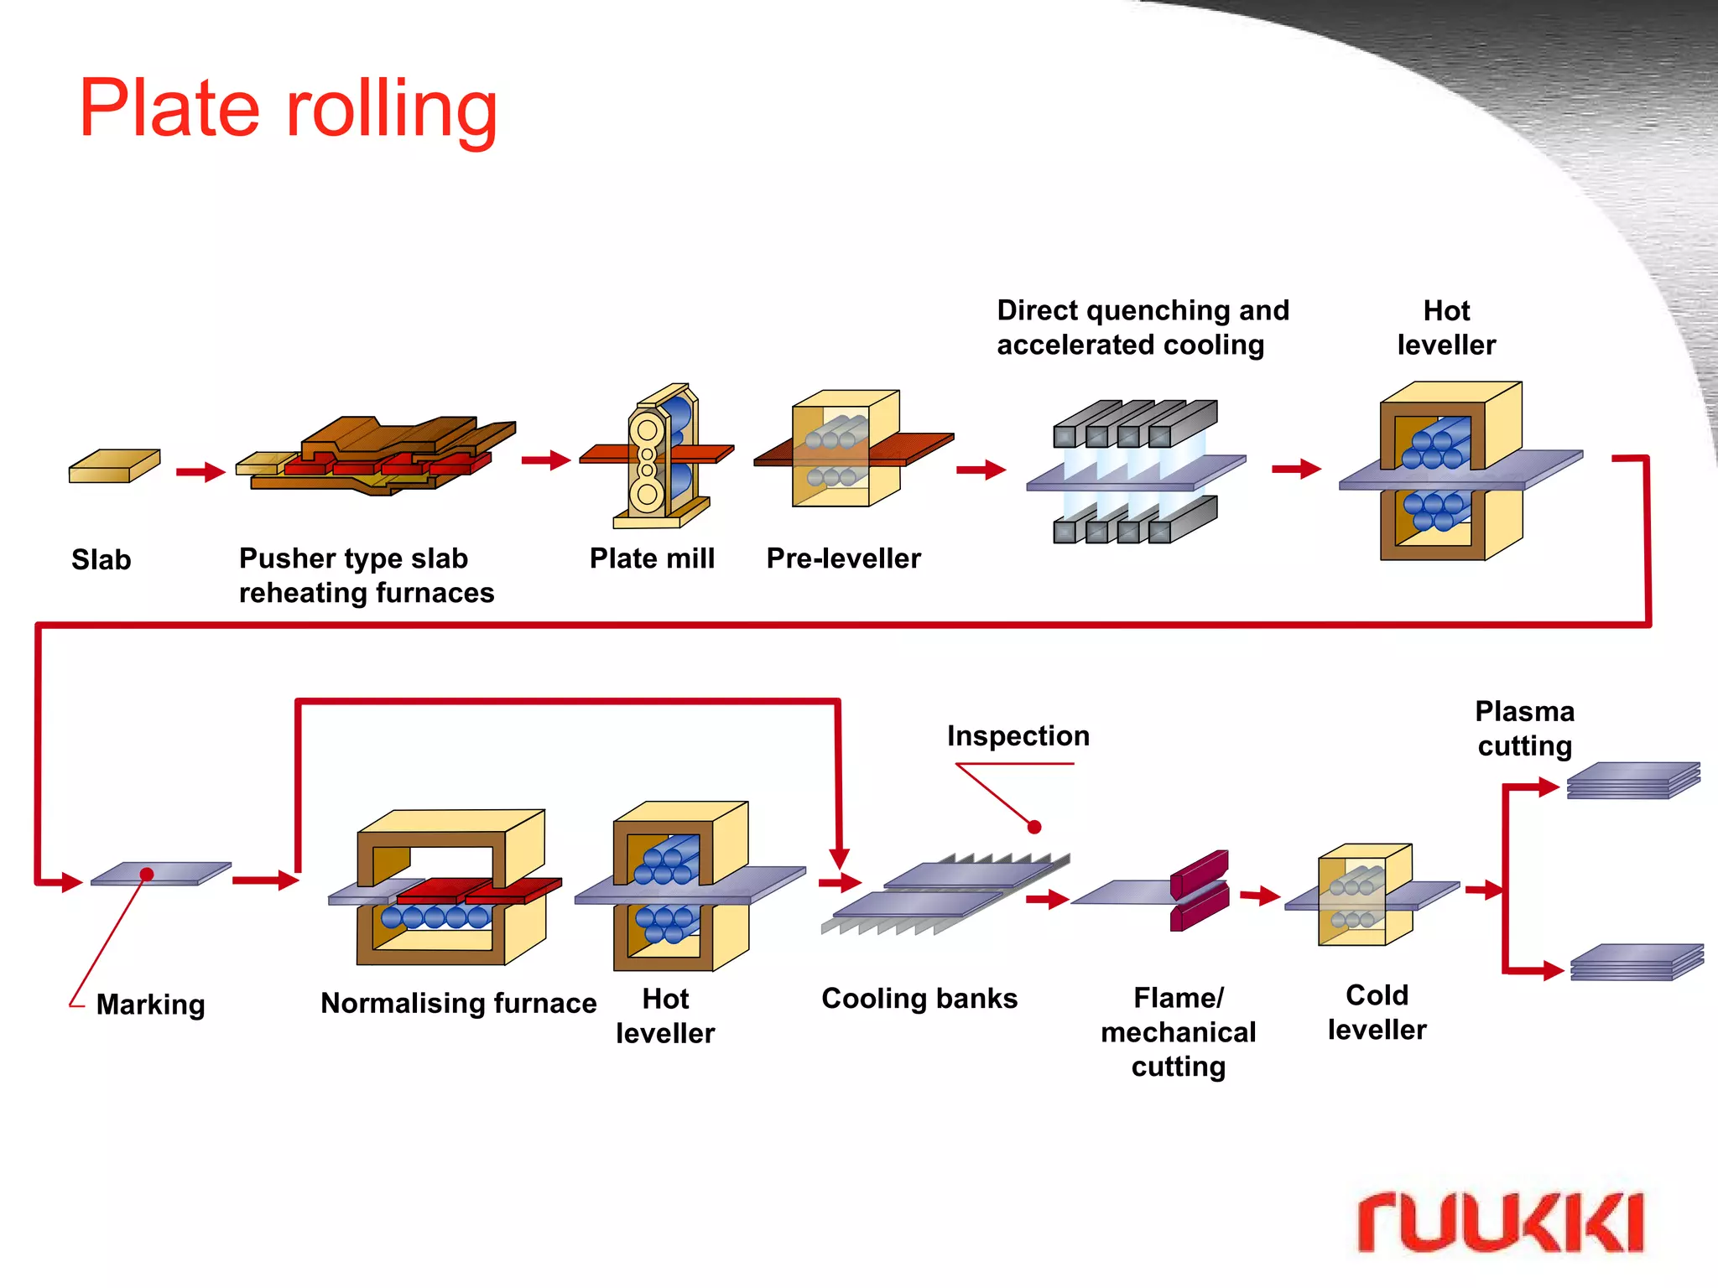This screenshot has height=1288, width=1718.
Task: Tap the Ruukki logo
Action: (1499, 1222)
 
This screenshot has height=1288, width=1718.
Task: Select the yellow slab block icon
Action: (114, 466)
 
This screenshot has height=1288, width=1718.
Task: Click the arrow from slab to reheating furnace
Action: (200, 472)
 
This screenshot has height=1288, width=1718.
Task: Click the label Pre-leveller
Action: (843, 558)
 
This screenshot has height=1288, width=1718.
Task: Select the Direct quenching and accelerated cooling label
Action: (1143, 328)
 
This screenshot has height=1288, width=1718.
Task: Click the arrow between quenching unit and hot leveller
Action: (1296, 469)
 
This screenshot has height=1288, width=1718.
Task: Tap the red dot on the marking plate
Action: (147, 875)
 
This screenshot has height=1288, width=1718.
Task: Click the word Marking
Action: (150, 1005)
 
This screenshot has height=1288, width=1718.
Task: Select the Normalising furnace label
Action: (458, 1003)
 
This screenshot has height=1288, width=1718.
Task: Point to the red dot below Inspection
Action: (1034, 827)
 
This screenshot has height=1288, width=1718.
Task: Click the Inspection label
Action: (1018, 736)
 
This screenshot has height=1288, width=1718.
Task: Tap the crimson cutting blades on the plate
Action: (1199, 890)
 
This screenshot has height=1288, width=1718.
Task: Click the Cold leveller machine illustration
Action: (1365, 896)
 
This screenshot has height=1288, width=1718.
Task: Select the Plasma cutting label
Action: (1524, 729)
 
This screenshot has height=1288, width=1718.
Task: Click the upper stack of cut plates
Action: (1632, 781)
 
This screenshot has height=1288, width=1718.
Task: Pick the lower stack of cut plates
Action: (1636, 963)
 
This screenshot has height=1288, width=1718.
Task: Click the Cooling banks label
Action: (919, 999)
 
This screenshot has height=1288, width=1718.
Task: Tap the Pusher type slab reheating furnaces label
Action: (367, 575)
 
